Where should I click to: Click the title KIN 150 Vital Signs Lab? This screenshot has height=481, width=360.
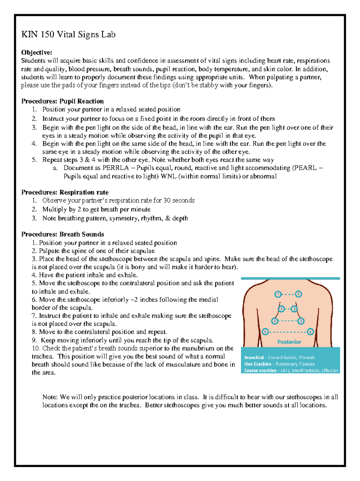(68, 35)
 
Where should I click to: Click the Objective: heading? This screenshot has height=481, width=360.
(37, 53)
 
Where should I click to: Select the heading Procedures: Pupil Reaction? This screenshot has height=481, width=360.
(62, 101)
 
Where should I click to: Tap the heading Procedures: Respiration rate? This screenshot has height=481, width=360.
(65, 192)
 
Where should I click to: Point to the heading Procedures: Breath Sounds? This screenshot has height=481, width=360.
(62, 234)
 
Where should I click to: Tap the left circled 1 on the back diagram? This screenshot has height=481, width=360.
(278, 294)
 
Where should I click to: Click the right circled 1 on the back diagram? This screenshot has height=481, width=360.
(298, 294)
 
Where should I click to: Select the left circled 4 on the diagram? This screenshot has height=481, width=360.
(265, 332)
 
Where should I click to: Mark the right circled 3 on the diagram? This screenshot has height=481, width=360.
(301, 321)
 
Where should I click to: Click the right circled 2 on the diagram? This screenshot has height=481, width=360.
(294, 309)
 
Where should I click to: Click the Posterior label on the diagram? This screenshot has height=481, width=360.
(289, 342)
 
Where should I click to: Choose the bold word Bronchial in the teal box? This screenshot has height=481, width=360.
(254, 358)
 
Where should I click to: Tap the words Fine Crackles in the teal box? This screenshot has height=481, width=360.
(257, 364)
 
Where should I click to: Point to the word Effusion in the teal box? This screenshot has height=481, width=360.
(330, 371)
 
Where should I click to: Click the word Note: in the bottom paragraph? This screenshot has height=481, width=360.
(50, 397)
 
